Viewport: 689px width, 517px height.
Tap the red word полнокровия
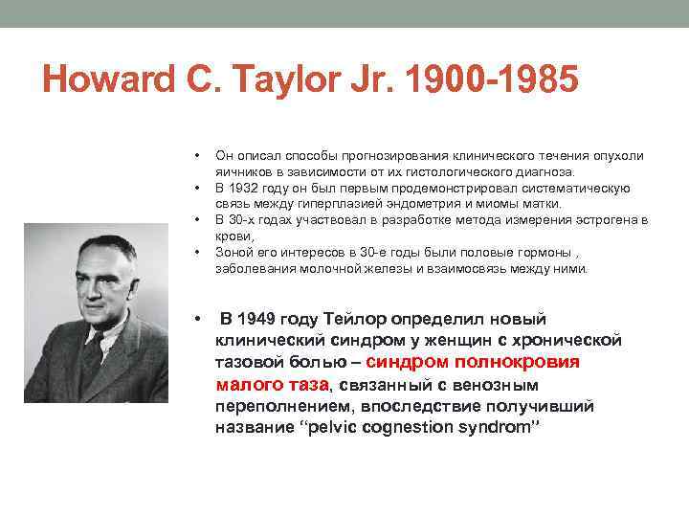[x=518, y=362]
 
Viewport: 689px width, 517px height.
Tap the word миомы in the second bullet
[x=502, y=204]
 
